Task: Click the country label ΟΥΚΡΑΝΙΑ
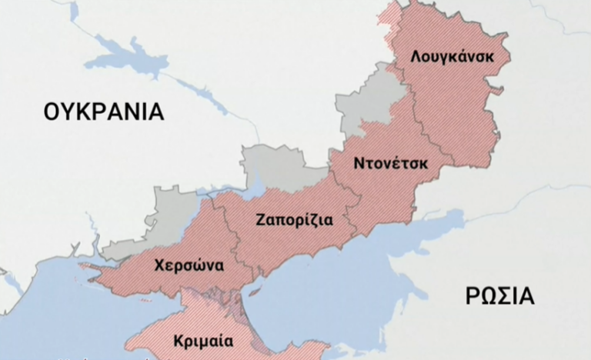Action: (104, 112)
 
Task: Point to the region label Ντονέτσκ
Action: (391, 163)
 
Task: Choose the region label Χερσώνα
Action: (189, 266)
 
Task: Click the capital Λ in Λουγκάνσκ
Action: (416, 57)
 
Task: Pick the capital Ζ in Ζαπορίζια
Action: (261, 219)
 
